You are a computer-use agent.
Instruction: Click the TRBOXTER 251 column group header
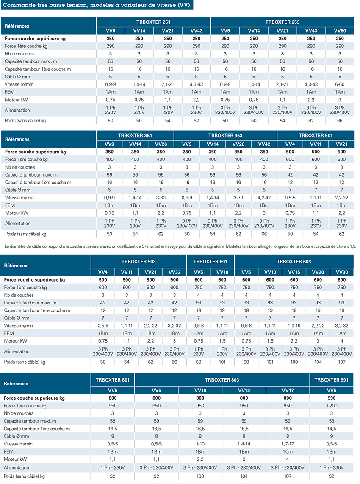point(153,22)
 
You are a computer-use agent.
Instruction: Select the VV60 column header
point(340,30)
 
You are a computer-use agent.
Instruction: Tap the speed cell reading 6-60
point(340,84)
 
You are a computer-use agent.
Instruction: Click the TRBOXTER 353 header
point(225,136)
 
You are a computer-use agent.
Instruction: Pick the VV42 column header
point(264,144)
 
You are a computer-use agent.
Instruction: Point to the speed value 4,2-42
point(264,198)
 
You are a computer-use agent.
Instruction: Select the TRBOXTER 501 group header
point(316,136)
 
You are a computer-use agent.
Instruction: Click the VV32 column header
point(174,272)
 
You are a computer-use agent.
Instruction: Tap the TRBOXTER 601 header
point(210,262)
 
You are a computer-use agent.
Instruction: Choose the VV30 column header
point(341,272)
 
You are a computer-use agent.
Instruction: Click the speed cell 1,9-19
point(294,326)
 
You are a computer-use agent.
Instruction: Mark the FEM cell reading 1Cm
point(288,451)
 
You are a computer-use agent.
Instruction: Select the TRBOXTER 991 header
point(331,380)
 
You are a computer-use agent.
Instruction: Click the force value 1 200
point(332,406)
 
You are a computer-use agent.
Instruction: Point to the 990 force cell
point(332,398)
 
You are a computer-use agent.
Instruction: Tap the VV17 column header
point(288,390)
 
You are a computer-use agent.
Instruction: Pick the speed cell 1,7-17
point(288,444)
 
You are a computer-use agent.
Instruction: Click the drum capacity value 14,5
point(332,429)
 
